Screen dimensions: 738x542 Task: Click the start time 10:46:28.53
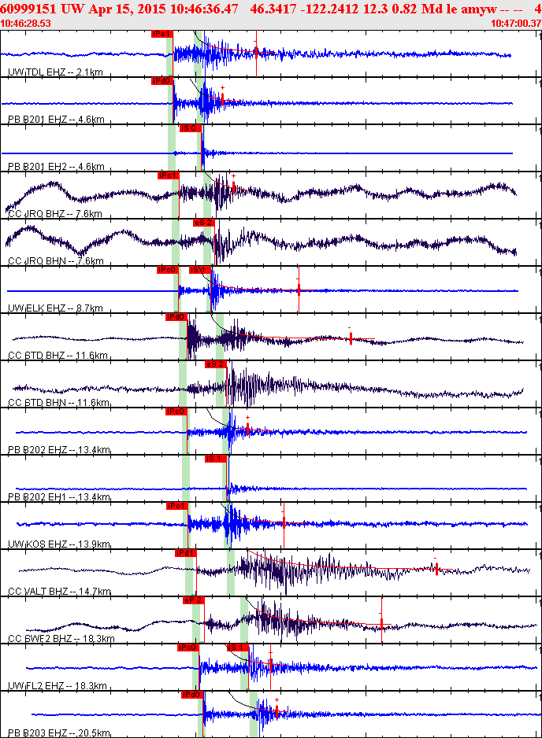pos(26,24)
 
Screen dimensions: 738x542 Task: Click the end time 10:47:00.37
pos(515,24)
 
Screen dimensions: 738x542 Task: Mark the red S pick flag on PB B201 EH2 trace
pos(190,128)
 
